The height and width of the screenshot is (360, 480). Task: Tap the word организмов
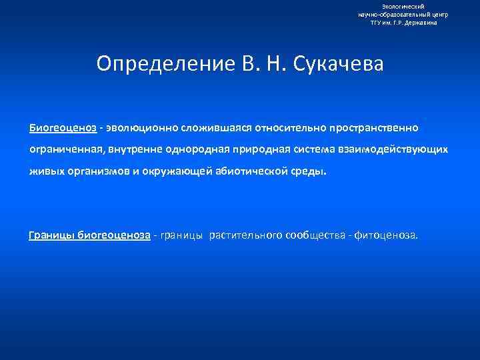pyautogui.click(x=111, y=171)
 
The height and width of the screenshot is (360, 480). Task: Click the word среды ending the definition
pyautogui.click(x=311, y=171)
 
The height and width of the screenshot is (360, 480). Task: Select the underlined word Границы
pyautogui.click(x=52, y=235)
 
